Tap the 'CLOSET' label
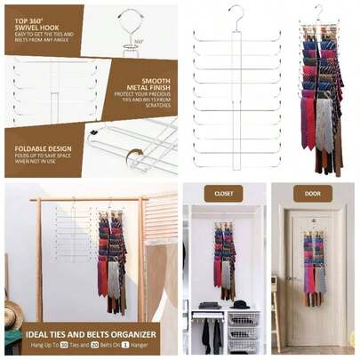click(223, 193)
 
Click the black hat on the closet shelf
click(238, 304)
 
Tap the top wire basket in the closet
click(242, 317)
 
